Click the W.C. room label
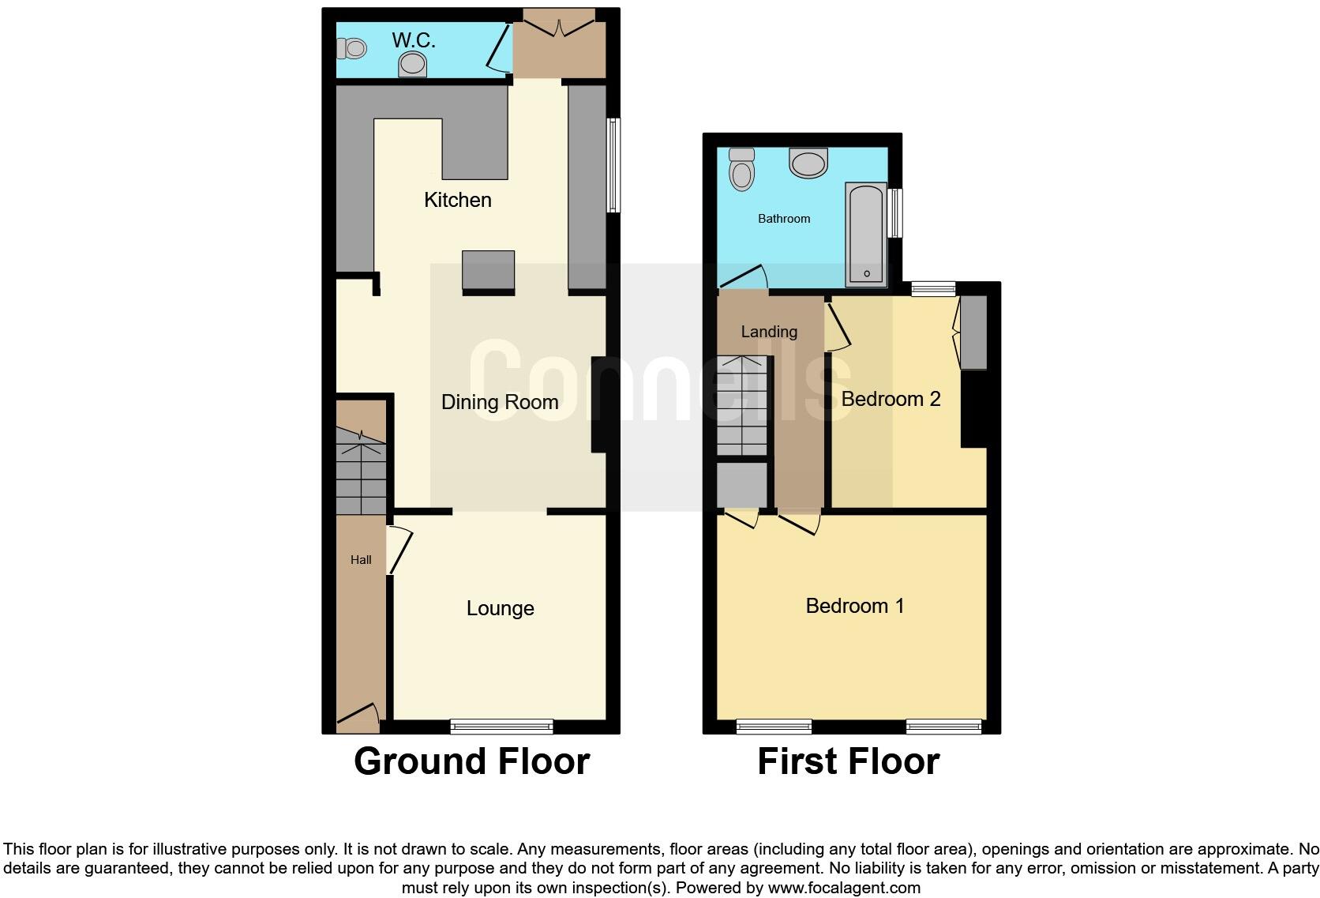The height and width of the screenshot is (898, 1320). (x=414, y=39)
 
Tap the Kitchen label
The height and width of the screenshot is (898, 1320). (x=458, y=200)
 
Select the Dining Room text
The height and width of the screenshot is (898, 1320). (x=500, y=402)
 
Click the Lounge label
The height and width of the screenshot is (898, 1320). (x=501, y=608)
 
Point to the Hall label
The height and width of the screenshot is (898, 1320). (x=361, y=560)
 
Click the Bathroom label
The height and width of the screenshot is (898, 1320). (x=784, y=219)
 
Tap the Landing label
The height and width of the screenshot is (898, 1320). (x=769, y=332)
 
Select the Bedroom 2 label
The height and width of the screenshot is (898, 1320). (x=891, y=399)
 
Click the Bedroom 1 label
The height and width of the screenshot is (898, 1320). (x=855, y=606)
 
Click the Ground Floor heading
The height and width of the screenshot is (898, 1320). (x=472, y=761)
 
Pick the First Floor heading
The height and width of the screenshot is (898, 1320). (x=849, y=761)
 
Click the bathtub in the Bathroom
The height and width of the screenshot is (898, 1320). (x=866, y=235)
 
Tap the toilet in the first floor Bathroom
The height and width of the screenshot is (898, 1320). (x=741, y=169)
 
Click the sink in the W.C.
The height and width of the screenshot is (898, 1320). (x=413, y=63)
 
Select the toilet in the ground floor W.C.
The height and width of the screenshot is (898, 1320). (x=352, y=49)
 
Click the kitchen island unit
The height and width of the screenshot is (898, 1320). (x=488, y=271)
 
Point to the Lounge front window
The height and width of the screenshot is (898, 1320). (x=501, y=727)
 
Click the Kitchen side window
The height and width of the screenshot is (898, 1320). (x=613, y=165)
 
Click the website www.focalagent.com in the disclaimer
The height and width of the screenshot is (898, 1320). (x=844, y=888)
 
